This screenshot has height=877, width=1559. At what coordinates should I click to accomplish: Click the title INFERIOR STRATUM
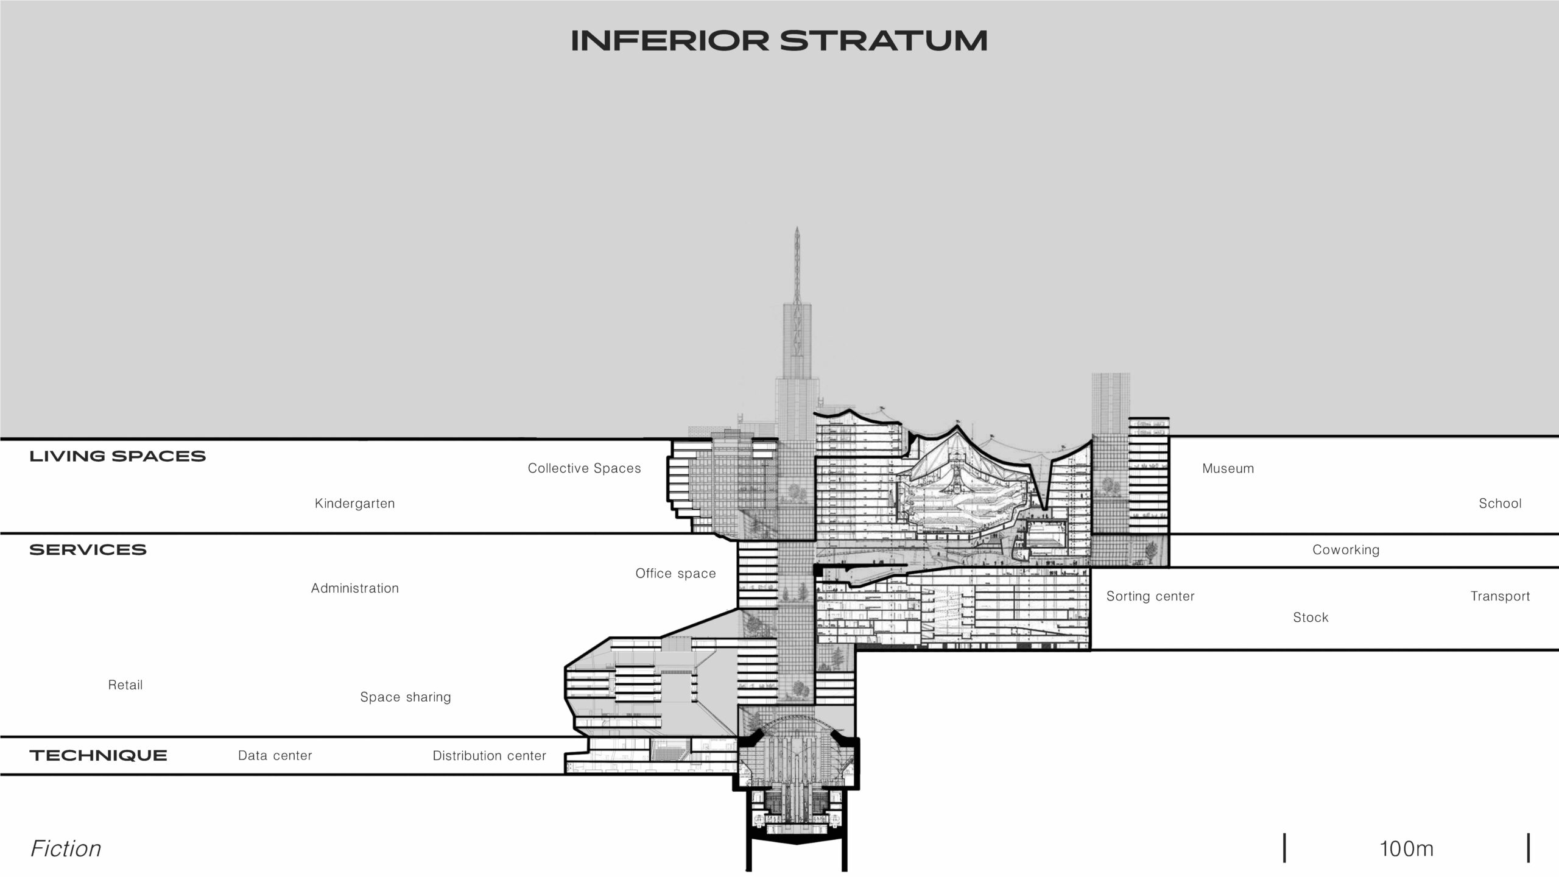779,41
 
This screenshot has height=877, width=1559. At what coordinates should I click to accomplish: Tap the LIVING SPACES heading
118,456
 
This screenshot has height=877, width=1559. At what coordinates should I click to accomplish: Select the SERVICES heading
88,550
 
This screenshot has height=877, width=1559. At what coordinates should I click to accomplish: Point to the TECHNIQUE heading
98,756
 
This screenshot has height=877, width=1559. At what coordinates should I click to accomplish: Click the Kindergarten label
354,504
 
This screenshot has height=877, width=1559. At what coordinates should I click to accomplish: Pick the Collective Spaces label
584,468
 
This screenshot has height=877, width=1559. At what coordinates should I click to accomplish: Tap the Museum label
1228,468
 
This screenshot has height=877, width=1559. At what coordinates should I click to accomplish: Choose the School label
1500,504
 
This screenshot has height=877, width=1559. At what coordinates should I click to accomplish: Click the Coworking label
1345,550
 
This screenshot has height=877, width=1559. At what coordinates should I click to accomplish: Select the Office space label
675,574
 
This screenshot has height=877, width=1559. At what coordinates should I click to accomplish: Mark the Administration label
355,588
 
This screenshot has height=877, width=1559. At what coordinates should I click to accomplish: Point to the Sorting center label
1150,596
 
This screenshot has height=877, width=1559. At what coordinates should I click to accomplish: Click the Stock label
1311,618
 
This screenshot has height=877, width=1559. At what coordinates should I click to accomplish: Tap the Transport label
1500,596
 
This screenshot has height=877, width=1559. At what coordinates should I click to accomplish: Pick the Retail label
125,685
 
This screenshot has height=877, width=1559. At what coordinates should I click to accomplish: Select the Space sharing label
406,697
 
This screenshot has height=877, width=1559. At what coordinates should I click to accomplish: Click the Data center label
275,756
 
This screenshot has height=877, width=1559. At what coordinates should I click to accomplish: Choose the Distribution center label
489,756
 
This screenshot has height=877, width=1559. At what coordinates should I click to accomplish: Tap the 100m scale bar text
1406,849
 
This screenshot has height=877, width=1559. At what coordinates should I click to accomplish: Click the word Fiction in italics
66,849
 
